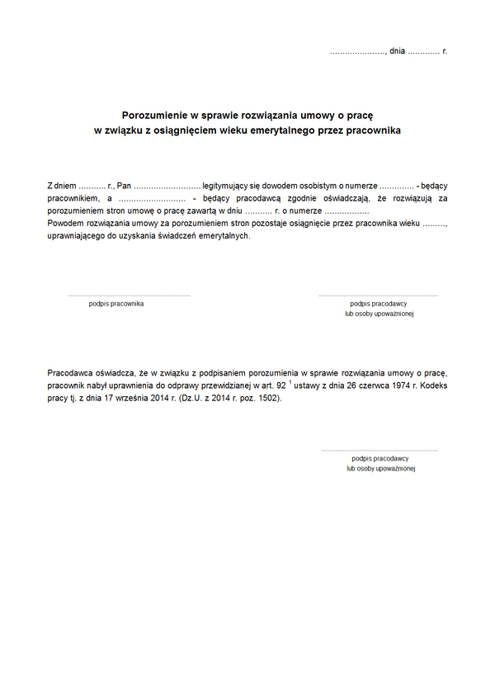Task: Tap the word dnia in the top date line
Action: coord(397,51)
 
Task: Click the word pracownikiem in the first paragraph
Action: coord(72,199)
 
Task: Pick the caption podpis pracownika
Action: coord(116,304)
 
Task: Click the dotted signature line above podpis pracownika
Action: coord(129,295)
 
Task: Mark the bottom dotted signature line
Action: coord(379,450)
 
